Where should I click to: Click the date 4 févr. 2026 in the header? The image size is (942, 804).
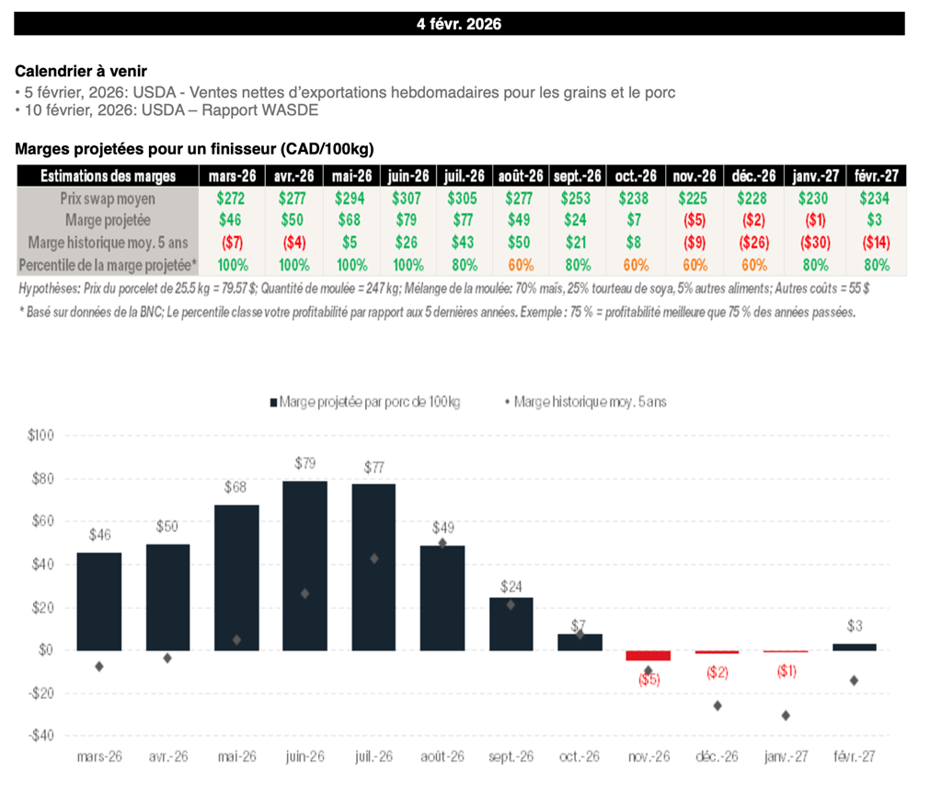pyautogui.click(x=459, y=24)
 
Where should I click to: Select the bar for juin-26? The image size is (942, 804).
pyautogui.click(x=304, y=565)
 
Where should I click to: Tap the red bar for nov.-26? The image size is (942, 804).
pyautogui.click(x=648, y=655)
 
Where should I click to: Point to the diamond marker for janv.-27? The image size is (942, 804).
pyautogui.click(x=786, y=715)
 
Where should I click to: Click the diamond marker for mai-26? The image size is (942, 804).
pyautogui.click(x=236, y=639)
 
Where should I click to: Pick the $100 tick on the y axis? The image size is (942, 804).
pyautogui.click(x=41, y=435)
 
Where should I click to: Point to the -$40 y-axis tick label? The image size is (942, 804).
pyautogui.click(x=40, y=736)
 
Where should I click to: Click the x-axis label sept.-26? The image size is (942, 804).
pyautogui.click(x=511, y=757)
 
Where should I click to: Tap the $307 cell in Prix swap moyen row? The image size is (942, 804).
pyautogui.click(x=408, y=198)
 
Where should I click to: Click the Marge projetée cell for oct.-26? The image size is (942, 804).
pyautogui.click(x=635, y=220)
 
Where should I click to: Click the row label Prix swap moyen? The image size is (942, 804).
pyautogui.click(x=109, y=198)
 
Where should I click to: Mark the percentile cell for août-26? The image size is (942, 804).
pyautogui.click(x=521, y=265)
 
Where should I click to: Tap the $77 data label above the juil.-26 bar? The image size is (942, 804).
pyautogui.click(x=373, y=466)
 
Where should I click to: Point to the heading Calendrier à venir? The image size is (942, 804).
pyautogui.click(x=81, y=71)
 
